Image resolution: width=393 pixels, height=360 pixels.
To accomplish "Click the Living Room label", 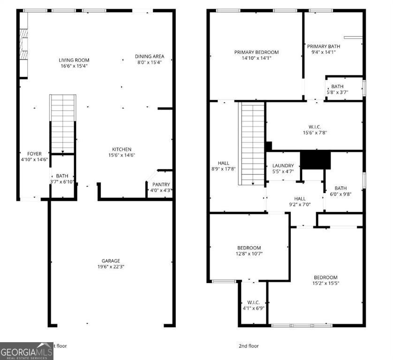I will point(74,60).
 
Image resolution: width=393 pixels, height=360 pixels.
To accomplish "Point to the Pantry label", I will point(161,185).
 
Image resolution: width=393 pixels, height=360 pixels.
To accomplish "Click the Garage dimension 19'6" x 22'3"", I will point(111,267).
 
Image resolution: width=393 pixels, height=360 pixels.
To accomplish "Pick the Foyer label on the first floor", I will point(34,154).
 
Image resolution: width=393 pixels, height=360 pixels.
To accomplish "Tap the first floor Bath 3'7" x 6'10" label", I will point(62,176).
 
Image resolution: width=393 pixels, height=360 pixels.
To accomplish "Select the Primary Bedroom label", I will point(256,52).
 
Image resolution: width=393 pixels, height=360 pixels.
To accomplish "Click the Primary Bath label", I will point(323,46).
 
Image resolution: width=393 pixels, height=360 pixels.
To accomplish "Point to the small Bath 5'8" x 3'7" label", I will point(337,86).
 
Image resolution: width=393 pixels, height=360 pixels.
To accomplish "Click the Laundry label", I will point(283,165).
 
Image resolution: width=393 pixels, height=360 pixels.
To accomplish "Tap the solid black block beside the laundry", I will point(315,160).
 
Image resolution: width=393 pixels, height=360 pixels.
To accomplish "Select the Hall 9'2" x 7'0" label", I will point(300,199).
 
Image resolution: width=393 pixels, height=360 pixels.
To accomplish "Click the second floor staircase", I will point(253,143).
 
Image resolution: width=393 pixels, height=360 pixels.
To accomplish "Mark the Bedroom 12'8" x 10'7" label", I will point(248,248).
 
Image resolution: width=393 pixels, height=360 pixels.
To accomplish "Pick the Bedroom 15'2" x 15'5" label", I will point(325,277).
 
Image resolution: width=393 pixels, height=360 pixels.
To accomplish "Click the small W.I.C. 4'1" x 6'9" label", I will point(253,302).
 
